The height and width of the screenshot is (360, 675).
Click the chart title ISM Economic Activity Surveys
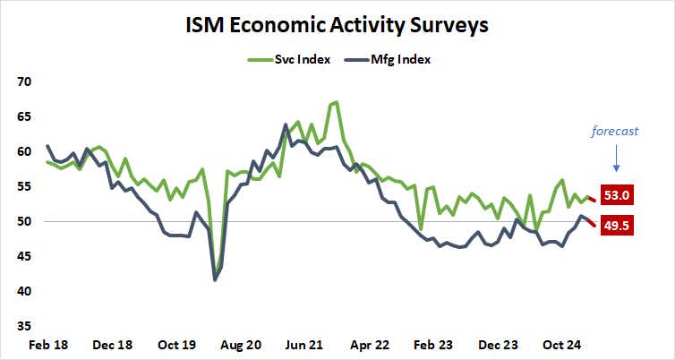(337, 25)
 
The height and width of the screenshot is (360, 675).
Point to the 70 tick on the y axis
(24, 81)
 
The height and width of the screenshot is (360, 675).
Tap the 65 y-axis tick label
(24, 116)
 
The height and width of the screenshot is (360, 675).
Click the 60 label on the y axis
(24, 151)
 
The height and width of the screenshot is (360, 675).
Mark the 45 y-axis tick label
(24, 256)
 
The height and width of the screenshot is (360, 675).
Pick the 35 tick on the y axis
(24, 326)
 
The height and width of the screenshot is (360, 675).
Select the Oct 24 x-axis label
(566, 345)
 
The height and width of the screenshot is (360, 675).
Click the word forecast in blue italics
(615, 131)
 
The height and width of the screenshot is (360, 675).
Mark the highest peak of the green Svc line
(335, 102)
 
